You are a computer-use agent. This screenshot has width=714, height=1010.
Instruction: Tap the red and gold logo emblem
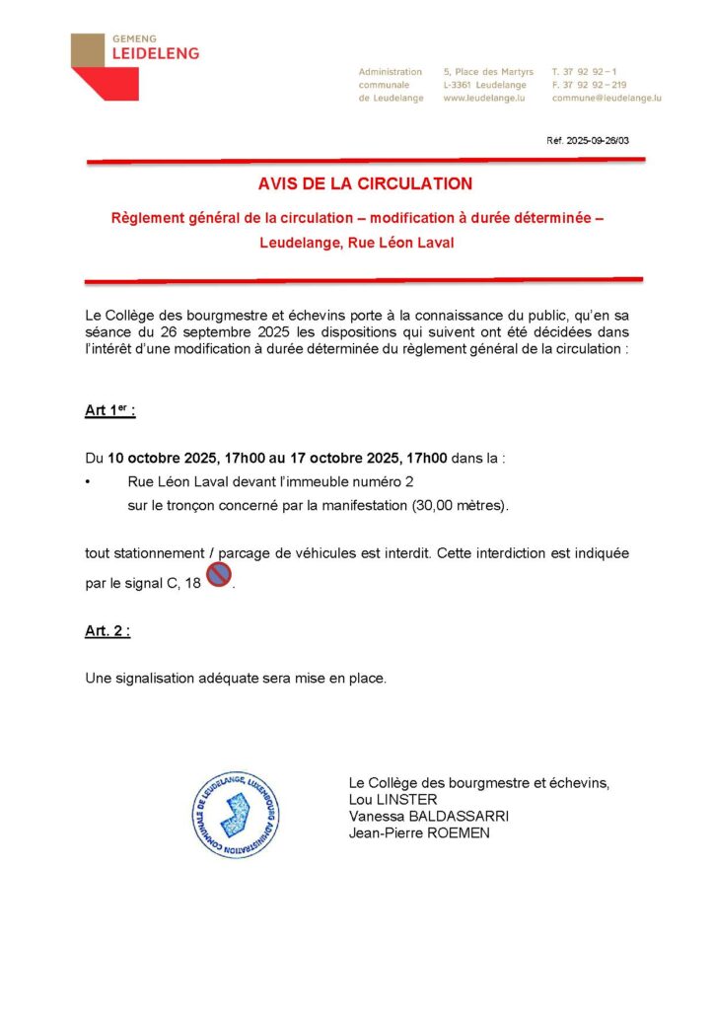(x=105, y=66)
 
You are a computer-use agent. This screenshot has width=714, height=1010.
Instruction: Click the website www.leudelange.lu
(x=483, y=99)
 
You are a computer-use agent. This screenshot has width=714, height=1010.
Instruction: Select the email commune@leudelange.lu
(x=607, y=99)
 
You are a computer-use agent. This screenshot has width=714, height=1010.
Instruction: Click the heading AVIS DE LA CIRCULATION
(x=365, y=183)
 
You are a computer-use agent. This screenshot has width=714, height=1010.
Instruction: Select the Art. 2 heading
(x=107, y=632)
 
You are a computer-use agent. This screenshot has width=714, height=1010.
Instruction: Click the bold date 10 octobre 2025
(x=165, y=459)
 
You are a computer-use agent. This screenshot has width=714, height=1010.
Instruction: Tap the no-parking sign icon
(x=218, y=575)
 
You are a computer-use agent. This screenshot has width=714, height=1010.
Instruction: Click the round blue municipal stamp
(x=235, y=814)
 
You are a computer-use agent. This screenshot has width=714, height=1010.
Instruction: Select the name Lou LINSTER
(x=393, y=800)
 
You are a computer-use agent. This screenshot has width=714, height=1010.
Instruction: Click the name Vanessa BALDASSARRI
(x=429, y=817)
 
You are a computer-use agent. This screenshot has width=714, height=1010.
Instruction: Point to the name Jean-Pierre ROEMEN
(x=419, y=833)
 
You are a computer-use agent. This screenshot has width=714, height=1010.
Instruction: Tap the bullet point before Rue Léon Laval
(x=89, y=482)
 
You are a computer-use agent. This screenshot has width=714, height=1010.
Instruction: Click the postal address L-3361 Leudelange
(x=485, y=85)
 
